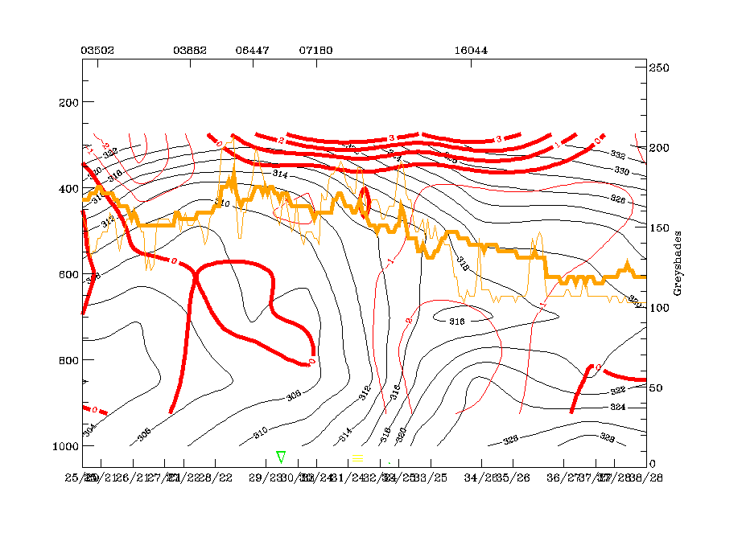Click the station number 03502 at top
point(97,50)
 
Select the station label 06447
point(252,50)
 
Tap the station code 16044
point(471,50)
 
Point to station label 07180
point(315,50)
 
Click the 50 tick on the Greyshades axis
point(657,387)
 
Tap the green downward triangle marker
point(281,457)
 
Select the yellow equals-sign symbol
point(358,457)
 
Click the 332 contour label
point(618,154)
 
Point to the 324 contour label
point(618,407)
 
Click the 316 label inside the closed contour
point(456,321)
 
